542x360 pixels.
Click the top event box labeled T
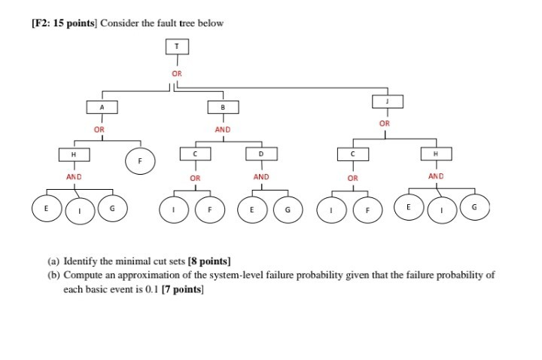click(177, 46)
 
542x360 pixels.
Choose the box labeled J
click(388, 101)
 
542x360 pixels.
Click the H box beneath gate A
click(73, 154)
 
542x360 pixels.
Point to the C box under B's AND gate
click(195, 154)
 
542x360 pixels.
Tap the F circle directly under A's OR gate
click(139, 160)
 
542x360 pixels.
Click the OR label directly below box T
click(177, 74)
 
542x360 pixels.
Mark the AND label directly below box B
click(223, 130)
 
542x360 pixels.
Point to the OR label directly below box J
click(385, 123)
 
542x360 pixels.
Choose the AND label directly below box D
click(260, 177)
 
